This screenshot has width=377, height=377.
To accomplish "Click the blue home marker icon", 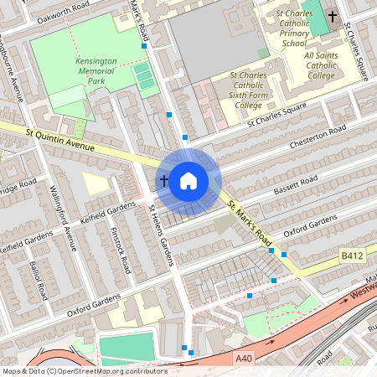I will [188, 180].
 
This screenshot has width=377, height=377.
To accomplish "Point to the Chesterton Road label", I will [318, 139].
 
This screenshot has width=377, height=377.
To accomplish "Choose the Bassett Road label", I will [297, 187].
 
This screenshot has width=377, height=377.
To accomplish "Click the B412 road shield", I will [352, 255].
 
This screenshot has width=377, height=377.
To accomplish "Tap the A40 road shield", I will [244, 359].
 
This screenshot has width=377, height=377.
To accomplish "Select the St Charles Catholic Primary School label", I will [294, 28].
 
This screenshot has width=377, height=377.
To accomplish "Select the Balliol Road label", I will [38, 281].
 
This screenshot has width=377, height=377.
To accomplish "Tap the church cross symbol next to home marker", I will [163, 180].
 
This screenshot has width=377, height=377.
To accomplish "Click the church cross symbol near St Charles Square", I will [333, 17].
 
